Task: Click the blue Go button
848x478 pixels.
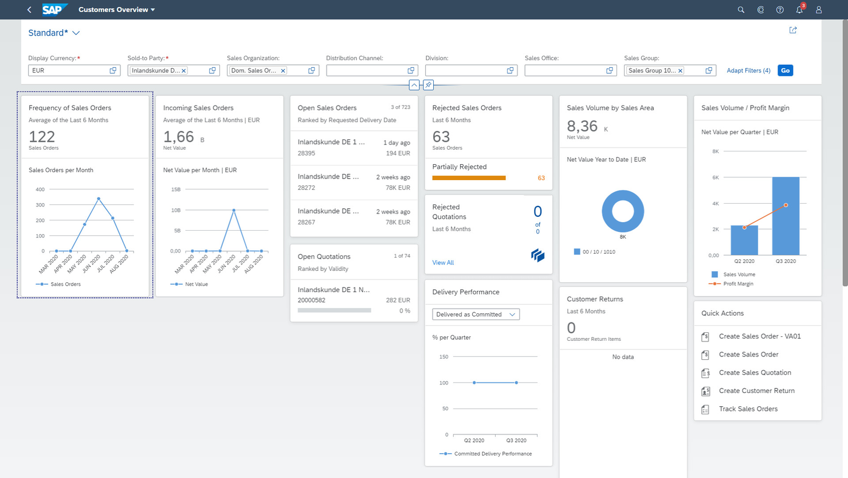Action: (x=785, y=71)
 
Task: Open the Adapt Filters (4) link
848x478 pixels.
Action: (x=748, y=71)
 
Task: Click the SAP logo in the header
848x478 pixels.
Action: (x=54, y=10)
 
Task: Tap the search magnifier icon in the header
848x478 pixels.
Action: (x=741, y=10)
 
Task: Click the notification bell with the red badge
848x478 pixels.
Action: (x=799, y=10)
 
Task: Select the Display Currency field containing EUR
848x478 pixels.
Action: (x=69, y=71)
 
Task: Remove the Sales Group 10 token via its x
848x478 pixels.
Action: (x=680, y=71)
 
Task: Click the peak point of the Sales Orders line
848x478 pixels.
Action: (x=99, y=199)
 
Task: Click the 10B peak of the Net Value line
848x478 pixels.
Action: (x=234, y=210)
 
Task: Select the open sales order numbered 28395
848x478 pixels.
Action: (x=354, y=147)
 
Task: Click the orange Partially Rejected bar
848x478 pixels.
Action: (x=469, y=178)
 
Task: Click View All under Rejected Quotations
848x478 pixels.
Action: (x=443, y=263)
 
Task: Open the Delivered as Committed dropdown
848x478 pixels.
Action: (x=476, y=314)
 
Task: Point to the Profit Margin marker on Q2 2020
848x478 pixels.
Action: (x=744, y=228)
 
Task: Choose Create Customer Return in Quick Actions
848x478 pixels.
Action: (x=756, y=391)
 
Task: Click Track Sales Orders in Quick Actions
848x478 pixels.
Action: (x=748, y=409)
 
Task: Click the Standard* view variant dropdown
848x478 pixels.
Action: (x=54, y=33)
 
